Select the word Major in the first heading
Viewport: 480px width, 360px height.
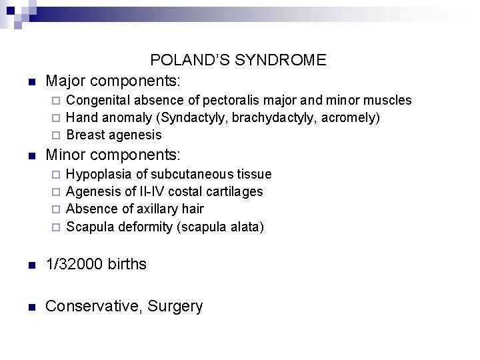point(65,81)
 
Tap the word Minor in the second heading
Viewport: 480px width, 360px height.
point(65,155)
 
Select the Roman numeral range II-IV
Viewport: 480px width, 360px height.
point(153,192)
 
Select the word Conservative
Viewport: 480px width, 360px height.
point(93,306)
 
